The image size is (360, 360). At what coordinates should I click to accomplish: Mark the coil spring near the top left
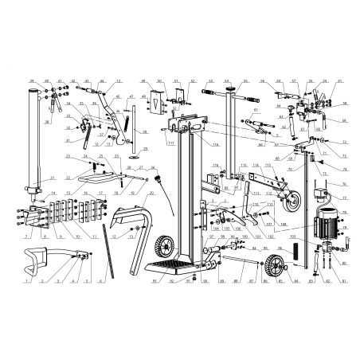tap(127, 121)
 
